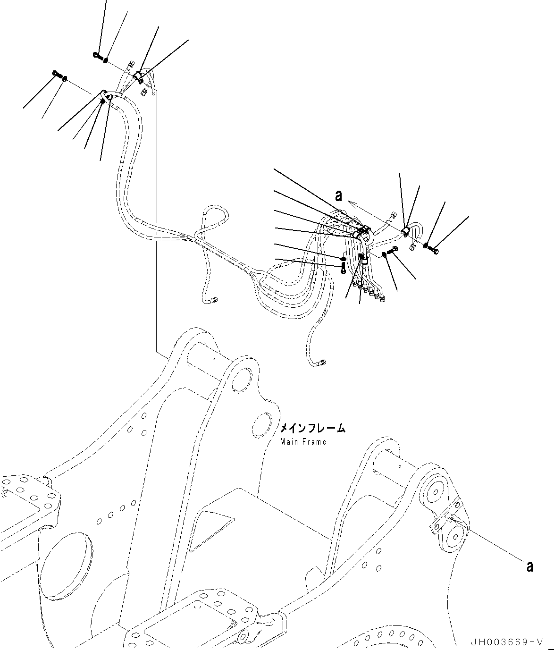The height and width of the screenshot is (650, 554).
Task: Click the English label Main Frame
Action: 302,442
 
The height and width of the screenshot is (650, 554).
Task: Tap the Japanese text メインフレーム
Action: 312,428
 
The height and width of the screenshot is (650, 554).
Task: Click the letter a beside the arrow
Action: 338,196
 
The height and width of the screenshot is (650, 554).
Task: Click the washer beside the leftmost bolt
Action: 65,78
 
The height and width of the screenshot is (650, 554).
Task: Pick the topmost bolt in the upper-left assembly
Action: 97,56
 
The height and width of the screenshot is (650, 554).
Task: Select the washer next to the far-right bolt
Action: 426,245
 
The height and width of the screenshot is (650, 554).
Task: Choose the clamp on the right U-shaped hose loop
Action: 405,231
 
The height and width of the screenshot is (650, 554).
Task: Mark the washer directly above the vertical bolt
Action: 343,259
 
